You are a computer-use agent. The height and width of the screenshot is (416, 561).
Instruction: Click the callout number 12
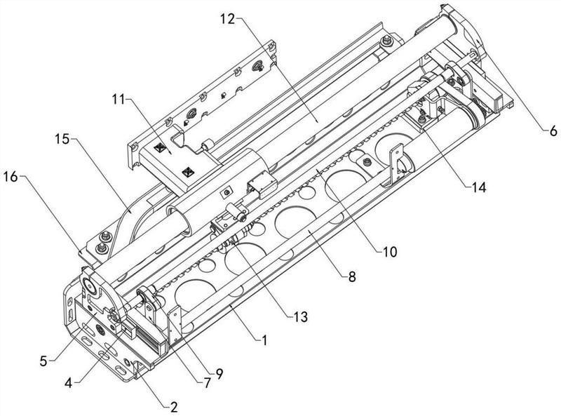227,19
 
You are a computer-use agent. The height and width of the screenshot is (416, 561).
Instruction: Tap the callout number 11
119,99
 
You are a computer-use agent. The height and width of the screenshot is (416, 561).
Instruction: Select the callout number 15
62,139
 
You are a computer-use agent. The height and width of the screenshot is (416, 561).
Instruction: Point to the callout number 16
11,176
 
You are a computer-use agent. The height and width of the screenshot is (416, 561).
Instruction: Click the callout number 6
553,131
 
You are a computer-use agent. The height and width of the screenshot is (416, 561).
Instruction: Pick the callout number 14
478,187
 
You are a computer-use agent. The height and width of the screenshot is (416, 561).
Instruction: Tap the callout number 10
390,252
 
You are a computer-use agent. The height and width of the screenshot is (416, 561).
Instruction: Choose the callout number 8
352,276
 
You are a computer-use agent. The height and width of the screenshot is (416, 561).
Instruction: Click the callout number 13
300,316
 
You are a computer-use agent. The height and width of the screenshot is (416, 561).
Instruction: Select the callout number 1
264,340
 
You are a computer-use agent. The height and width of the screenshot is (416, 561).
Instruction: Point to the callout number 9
219,374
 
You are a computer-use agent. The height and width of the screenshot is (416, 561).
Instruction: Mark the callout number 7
207,383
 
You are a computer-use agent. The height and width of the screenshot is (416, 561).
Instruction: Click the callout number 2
174,407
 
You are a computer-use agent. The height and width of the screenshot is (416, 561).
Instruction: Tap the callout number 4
69,384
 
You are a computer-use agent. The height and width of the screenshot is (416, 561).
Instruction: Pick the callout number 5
43,361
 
